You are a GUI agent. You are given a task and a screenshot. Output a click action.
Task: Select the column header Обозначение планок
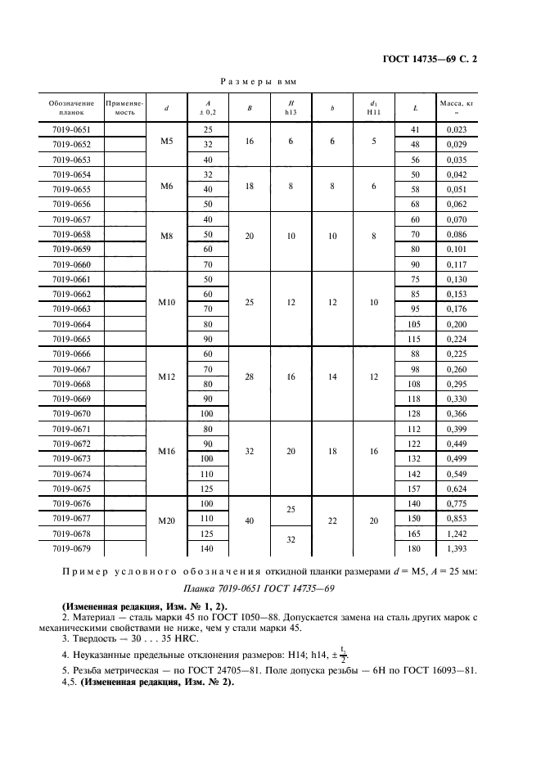coord(72,108)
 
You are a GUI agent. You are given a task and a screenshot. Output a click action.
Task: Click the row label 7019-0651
coord(72,130)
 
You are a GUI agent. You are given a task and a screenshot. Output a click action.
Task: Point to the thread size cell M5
coord(167,142)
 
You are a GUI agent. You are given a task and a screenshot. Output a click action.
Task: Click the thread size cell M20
coord(167,519)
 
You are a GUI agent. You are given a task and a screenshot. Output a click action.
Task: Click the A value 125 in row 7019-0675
coord(207,489)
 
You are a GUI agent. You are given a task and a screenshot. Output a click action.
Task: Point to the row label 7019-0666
coord(72,354)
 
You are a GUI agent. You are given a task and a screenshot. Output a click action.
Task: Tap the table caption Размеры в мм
coord(258,82)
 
